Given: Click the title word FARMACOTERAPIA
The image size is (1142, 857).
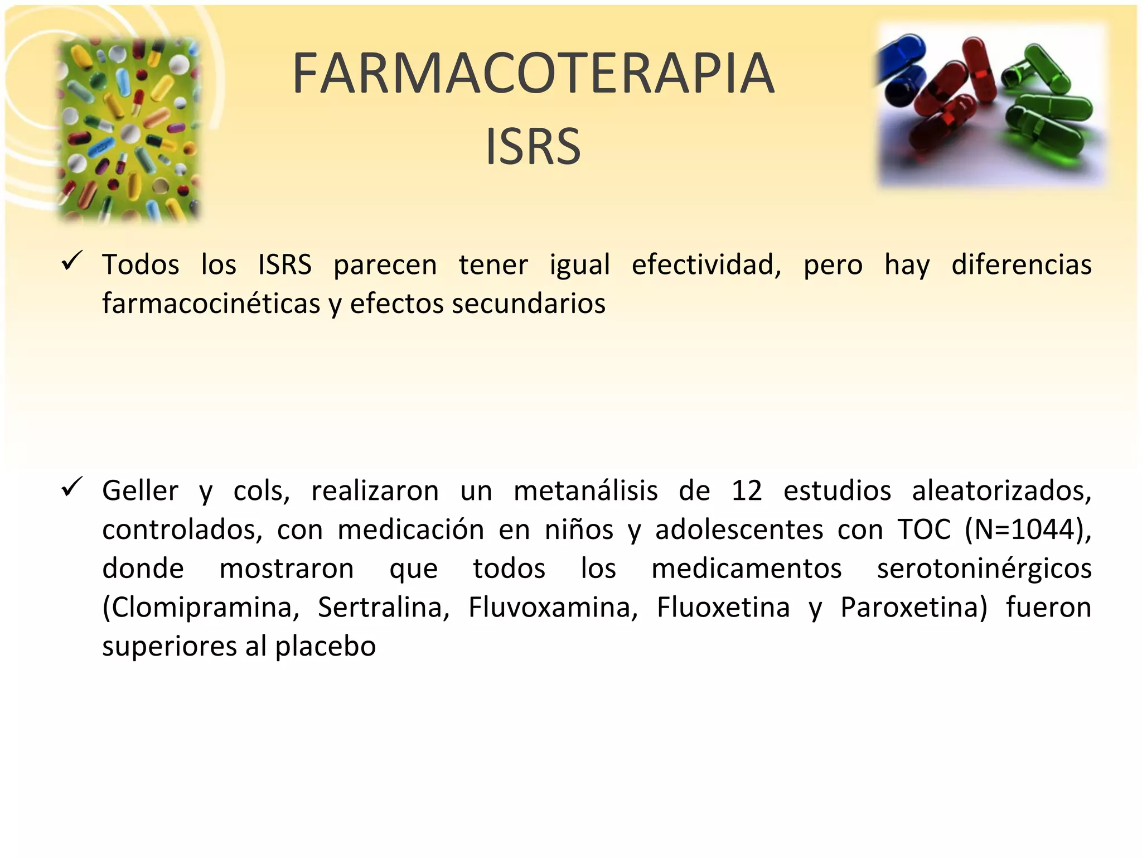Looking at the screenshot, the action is coord(534,73).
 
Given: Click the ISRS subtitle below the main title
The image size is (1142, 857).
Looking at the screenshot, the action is coord(533,146).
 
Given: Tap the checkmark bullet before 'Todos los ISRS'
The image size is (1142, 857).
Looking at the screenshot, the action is coord(72,261).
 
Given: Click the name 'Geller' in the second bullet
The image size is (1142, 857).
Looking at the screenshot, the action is coord(141,490).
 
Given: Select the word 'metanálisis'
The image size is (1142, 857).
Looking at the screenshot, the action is coord(585,490).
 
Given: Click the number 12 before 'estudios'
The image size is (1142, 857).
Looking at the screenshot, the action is coord(747,490).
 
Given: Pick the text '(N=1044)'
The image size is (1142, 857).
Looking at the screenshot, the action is coord(1028,529).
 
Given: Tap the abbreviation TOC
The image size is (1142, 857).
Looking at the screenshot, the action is coord(924,529).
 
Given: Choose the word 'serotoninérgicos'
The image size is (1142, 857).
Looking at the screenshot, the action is coord(984,569).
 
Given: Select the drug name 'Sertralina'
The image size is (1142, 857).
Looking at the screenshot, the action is coord(384,607).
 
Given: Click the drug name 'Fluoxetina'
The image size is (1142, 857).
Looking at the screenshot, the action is coord(723,607).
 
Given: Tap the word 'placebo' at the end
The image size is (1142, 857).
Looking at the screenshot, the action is coord(326,646).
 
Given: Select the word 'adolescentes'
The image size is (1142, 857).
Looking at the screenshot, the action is coord(739,529).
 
